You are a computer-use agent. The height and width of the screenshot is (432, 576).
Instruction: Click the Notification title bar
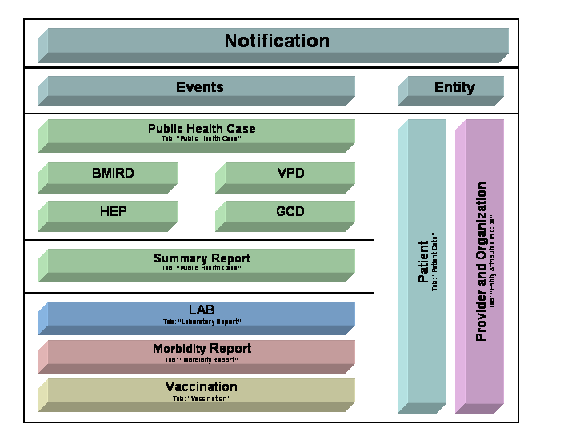pyautogui.click(x=276, y=42)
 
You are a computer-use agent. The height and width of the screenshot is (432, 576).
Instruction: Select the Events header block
pyautogui.click(x=200, y=87)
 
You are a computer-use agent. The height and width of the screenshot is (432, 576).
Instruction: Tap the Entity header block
pyautogui.click(x=454, y=87)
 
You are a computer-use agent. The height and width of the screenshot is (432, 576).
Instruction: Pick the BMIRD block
pyautogui.click(x=113, y=174)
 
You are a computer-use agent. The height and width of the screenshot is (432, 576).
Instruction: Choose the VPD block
pyautogui.click(x=290, y=174)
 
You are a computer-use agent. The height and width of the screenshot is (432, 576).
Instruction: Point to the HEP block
pyautogui.click(x=113, y=212)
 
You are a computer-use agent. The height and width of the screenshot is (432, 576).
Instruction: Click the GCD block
pyautogui.click(x=290, y=212)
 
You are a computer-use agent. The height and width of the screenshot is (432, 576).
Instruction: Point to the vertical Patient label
pyautogui.click(x=424, y=262)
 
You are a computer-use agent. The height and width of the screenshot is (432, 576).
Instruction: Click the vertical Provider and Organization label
pyautogui.click(x=482, y=262)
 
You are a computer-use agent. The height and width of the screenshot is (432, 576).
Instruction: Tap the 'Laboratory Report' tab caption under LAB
pyautogui.click(x=202, y=322)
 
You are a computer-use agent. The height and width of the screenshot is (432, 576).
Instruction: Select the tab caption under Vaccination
pyautogui.click(x=202, y=398)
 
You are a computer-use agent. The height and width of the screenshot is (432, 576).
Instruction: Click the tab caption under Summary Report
pyautogui.click(x=202, y=269)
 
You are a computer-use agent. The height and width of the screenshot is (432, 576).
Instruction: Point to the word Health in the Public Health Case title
pyautogui.click(x=210, y=128)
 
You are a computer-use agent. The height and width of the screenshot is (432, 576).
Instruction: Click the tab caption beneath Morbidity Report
pyautogui.click(x=202, y=360)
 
